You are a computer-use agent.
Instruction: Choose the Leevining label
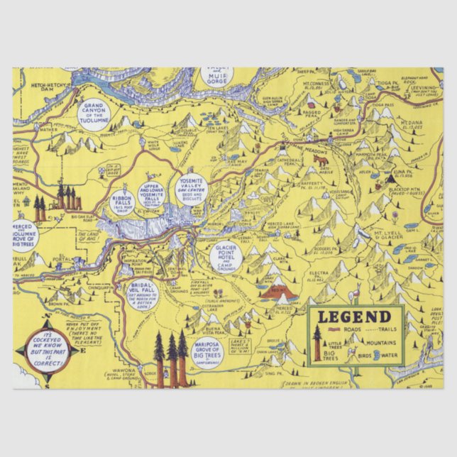click(424, 89)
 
